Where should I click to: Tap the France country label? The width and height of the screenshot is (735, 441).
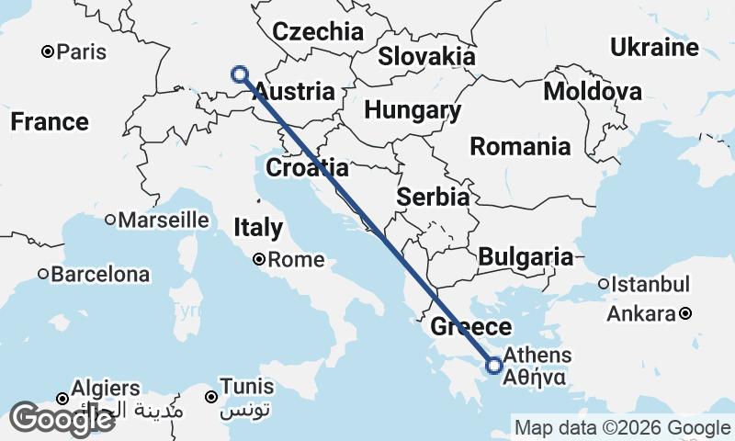50,121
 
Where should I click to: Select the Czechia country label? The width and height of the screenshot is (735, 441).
319,31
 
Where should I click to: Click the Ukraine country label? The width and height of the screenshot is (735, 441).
654,48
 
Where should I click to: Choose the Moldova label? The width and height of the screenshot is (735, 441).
593,91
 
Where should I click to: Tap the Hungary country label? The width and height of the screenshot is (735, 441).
413,110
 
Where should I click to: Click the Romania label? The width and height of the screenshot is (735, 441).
519,146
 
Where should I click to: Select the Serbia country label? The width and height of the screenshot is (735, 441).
434,197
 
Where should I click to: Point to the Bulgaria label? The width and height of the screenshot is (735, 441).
525,256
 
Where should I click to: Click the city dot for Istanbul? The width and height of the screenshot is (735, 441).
604,284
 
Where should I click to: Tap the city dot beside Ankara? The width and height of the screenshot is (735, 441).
685,314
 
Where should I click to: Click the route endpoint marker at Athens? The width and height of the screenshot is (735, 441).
494,365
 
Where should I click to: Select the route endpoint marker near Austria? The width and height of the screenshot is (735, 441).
240,74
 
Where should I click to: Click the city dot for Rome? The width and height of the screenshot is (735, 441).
260,260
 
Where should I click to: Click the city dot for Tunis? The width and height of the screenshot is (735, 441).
211,397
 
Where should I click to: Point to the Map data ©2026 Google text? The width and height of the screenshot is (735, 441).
622,427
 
